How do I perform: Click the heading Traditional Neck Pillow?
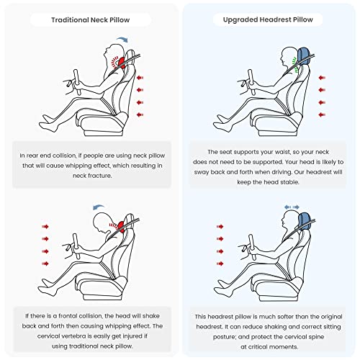tap(91, 19)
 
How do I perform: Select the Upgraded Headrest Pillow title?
tap(268, 19)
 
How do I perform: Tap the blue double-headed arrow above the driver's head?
tap(292, 207)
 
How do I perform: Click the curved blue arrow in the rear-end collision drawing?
tap(122, 39)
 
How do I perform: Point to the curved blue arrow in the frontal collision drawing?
tap(99, 207)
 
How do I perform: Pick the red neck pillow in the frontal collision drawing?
tap(121, 227)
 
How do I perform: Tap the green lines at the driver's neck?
tap(294, 64)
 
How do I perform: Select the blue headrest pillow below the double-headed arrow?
tap(305, 221)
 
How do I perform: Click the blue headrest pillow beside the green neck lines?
tap(304, 56)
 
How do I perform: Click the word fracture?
tap(102, 176)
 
